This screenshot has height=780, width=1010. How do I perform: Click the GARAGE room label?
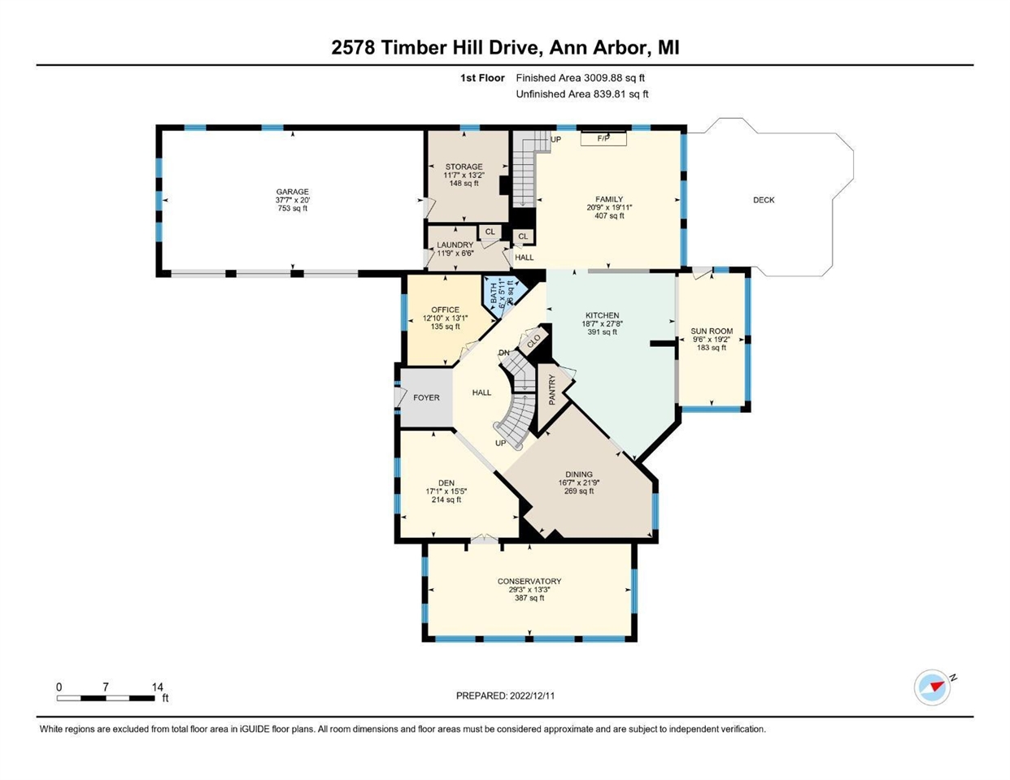coord(292,193)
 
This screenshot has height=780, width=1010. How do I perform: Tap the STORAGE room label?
coord(464,167)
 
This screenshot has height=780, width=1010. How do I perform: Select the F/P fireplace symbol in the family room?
coord(603,138)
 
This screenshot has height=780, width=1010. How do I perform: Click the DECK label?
coord(764,200)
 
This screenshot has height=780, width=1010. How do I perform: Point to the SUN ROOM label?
coord(712,331)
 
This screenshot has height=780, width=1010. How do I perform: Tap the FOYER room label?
coord(426,397)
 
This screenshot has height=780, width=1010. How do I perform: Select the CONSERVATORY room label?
coord(529,581)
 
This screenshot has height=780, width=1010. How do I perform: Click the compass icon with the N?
coord(933,687)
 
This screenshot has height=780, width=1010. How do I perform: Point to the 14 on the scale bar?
coord(158,687)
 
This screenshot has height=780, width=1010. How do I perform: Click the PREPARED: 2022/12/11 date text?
coord(505,695)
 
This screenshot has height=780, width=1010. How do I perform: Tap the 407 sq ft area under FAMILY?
coord(608,216)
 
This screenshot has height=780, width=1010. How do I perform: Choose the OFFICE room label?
coord(445,310)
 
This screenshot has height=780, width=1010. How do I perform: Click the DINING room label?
coord(579,474)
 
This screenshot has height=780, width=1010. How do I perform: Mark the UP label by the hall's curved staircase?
coord(501,443)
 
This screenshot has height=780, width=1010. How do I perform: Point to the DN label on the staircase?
coord(504,353)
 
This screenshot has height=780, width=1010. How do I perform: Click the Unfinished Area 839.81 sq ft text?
coord(582,94)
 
